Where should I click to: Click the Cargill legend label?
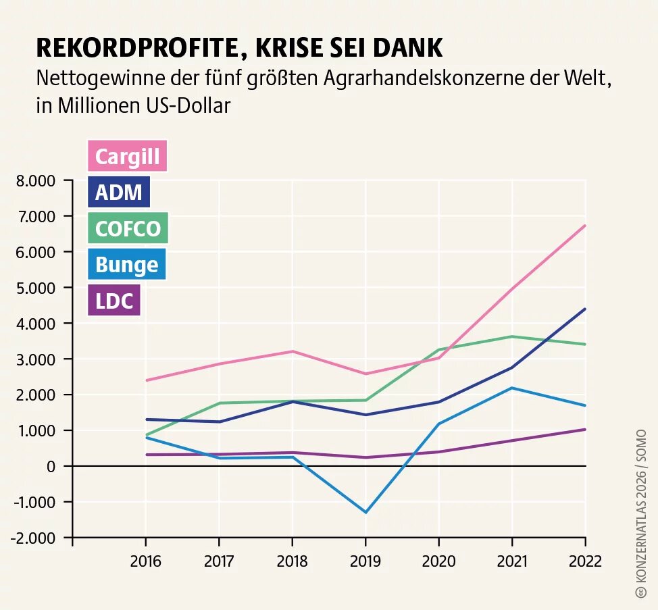[127, 156]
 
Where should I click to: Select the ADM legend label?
[118, 193]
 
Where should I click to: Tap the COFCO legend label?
[128, 228]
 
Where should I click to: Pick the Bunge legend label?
[126, 264]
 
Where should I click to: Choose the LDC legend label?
[113, 301]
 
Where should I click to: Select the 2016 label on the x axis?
[145, 561]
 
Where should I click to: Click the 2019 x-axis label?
[365, 561]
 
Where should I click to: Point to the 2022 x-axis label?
[585, 561]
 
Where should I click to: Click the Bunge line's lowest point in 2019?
[365, 512]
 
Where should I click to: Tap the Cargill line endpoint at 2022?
[585, 226]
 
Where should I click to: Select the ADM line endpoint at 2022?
[585, 309]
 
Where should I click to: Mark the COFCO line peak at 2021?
[512, 336]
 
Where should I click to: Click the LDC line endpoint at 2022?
[585, 429]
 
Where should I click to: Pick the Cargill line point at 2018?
[292, 351]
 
